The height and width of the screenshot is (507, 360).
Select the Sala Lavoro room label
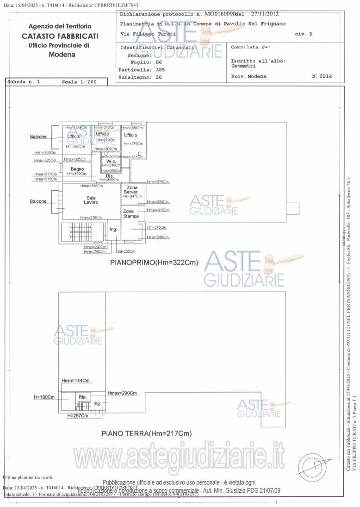tap(91, 200)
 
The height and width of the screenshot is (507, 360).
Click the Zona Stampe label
tap(131, 213)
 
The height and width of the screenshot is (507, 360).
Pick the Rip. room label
tap(83, 397)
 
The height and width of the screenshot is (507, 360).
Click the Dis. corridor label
tap(110, 176)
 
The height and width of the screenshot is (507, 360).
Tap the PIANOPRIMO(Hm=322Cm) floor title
tap(154, 263)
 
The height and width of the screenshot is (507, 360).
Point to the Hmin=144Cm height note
tap(75, 380)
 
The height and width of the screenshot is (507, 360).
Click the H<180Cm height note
tap(44, 397)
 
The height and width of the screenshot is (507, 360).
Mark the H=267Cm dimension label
tap(77, 416)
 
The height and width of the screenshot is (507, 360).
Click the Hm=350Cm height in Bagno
tap(76, 174)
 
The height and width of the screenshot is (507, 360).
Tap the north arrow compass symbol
tap(315, 463)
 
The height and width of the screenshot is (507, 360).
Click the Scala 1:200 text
tap(79, 81)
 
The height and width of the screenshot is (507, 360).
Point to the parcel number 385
tap(160, 69)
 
